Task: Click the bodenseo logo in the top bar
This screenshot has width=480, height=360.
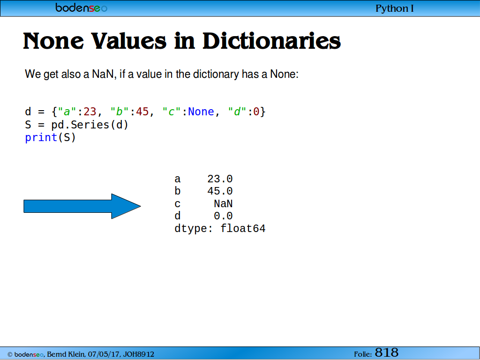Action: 81,7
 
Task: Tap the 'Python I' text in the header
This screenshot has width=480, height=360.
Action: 394,8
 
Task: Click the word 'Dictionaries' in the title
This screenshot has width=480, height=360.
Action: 271,41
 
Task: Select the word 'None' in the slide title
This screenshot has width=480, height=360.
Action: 53,41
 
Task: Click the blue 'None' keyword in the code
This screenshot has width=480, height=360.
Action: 201,112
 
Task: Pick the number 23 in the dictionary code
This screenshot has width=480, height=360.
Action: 90,112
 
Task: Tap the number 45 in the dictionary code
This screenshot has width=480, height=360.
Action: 142,112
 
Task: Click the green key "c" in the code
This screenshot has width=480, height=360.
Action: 172,112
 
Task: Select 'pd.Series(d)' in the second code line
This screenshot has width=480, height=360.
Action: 90,125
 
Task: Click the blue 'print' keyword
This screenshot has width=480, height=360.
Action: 41,138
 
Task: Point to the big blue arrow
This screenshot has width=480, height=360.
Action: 82,206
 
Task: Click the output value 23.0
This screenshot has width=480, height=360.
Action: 220,179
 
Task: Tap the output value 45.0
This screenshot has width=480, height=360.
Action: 220,191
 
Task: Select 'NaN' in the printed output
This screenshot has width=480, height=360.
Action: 223,203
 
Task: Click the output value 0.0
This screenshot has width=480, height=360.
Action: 223,216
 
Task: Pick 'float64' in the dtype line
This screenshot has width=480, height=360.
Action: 243,228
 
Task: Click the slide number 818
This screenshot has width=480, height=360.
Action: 386,352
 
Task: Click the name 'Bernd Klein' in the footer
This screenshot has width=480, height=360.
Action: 66,354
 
